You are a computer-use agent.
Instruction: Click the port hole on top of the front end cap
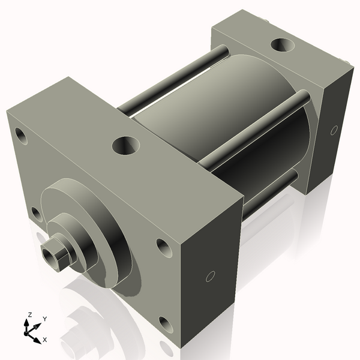tap(127, 145)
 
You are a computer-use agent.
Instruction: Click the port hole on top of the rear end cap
tap(283, 45)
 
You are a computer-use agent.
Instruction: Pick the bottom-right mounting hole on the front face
tap(166, 325)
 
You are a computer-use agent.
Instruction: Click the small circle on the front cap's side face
tap(210, 276)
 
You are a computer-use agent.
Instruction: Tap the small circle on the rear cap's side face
tap(334, 130)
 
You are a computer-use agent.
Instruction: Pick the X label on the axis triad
tap(44, 340)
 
